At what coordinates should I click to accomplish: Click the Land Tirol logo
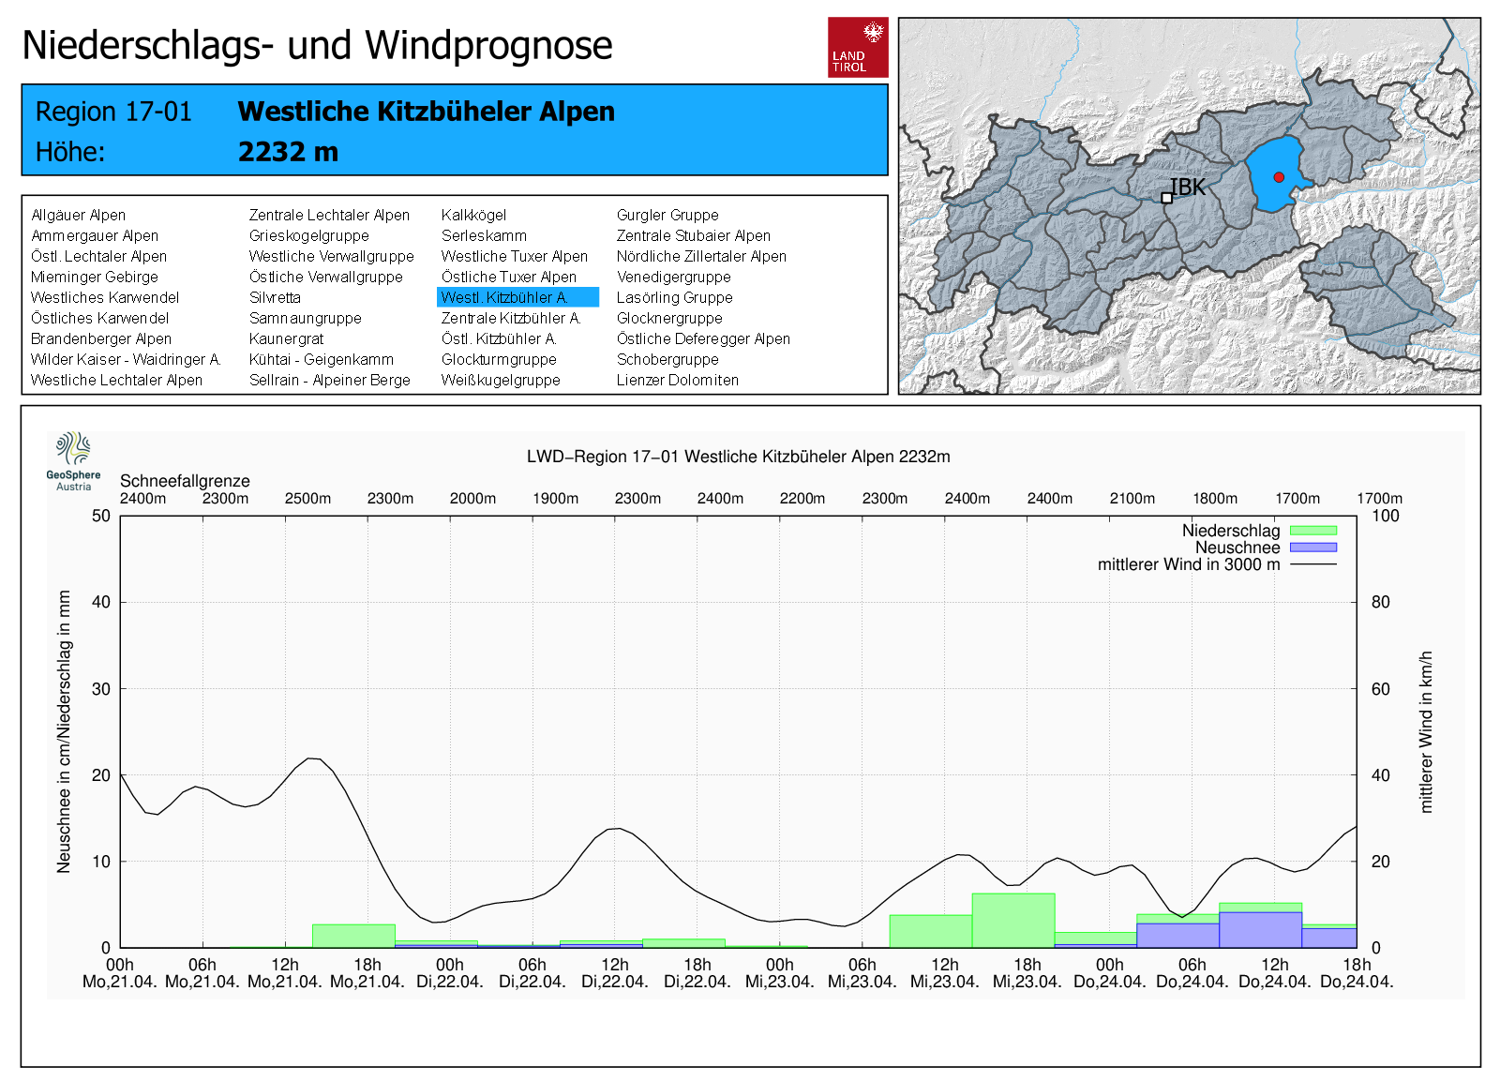click(858, 47)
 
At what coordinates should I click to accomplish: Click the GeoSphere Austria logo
click(73, 460)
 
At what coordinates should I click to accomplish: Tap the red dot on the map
click(1279, 177)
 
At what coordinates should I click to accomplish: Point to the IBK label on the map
click(1188, 188)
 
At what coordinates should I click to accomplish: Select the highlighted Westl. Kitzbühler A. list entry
click(517, 297)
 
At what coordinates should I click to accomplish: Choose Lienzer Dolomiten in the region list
click(677, 380)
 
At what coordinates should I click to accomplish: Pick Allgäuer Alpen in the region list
click(78, 215)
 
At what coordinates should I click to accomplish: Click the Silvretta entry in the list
click(275, 297)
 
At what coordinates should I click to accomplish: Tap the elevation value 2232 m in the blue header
click(288, 152)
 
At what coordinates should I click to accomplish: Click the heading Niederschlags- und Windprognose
click(317, 45)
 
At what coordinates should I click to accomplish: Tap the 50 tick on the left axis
click(101, 516)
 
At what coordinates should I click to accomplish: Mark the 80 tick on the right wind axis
click(1381, 602)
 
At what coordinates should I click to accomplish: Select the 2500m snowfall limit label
click(307, 498)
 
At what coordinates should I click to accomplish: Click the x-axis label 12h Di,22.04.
click(615, 973)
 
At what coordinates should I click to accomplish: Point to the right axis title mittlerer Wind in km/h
click(1426, 731)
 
